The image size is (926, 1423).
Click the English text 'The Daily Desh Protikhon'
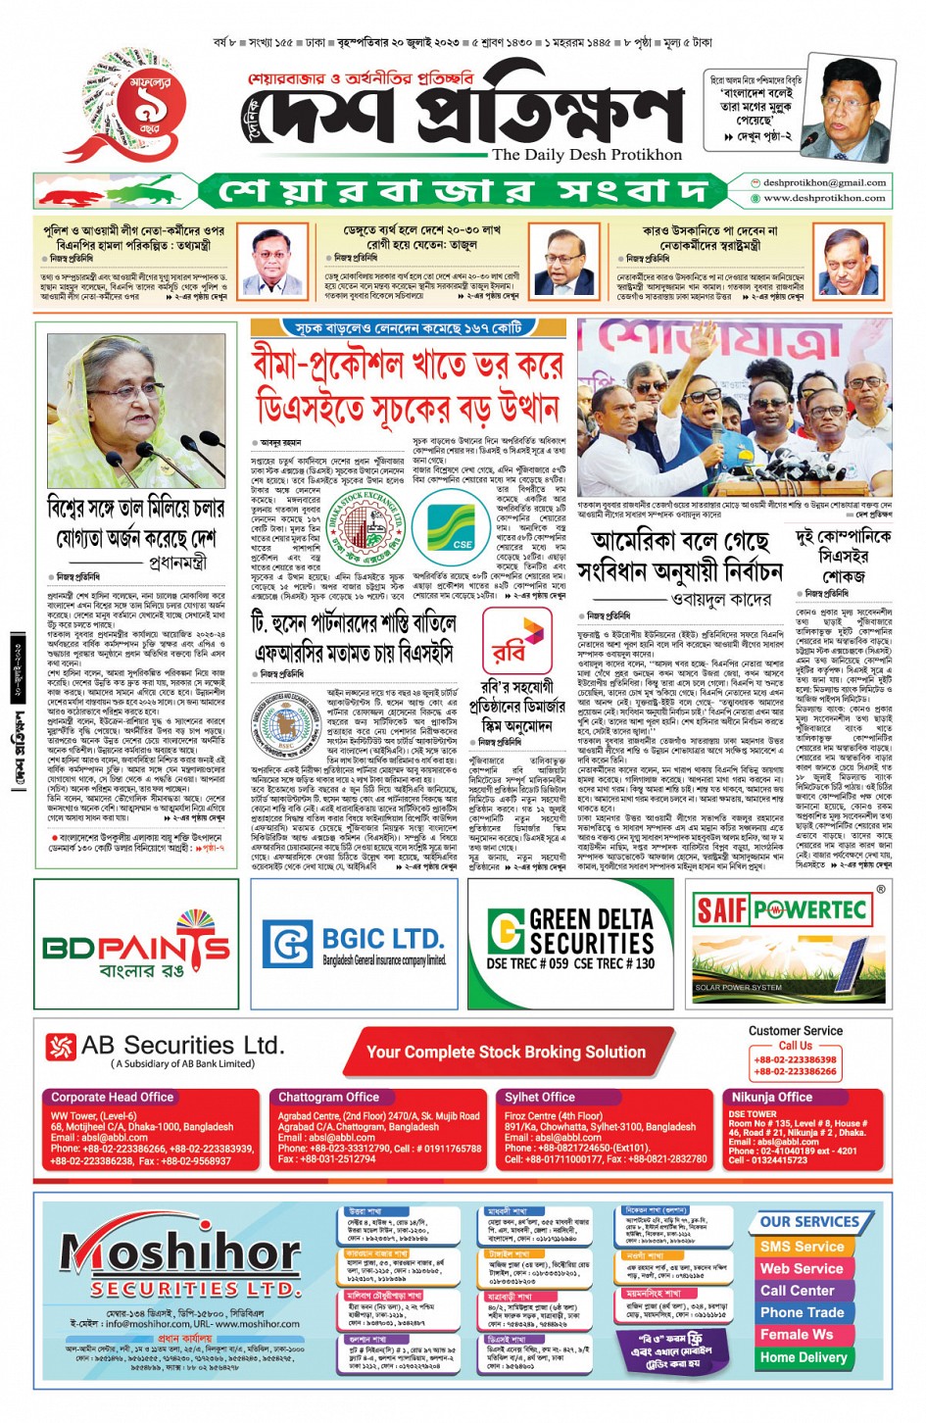click(x=586, y=155)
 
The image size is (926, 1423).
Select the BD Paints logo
click(x=136, y=947)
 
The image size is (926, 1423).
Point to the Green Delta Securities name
click(x=591, y=931)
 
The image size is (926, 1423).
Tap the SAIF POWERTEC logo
click(x=780, y=910)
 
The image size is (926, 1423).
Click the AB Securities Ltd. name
click(x=182, y=1046)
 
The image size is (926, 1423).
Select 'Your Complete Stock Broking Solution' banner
click(x=506, y=1053)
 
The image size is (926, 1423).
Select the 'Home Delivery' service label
click(x=803, y=1357)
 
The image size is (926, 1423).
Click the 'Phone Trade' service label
click(x=802, y=1312)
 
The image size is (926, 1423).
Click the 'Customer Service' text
click(x=795, y=1031)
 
